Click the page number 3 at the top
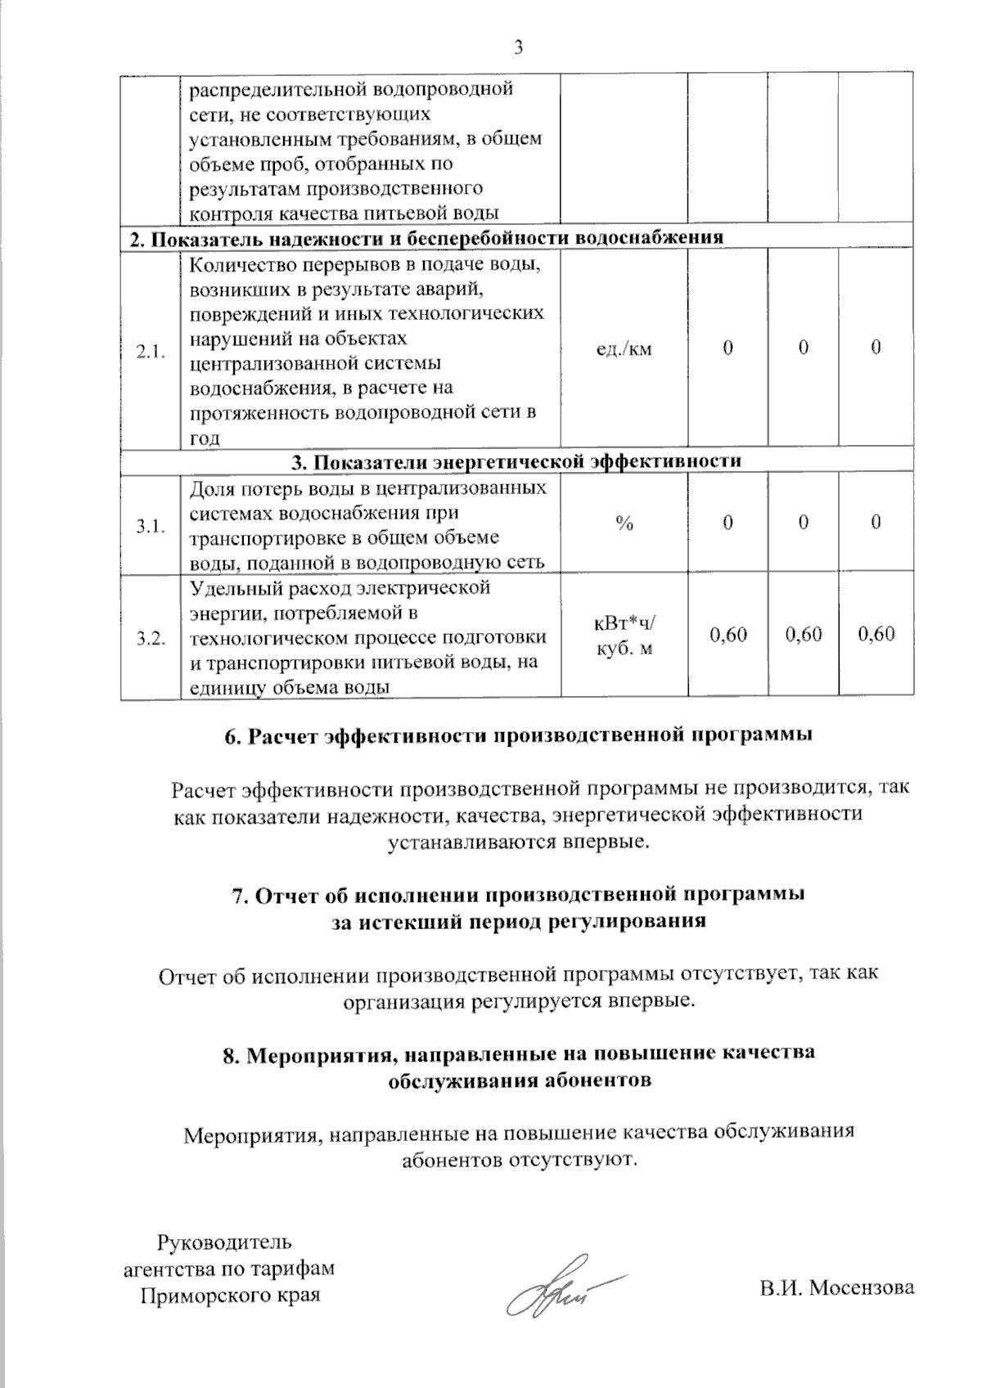pyautogui.click(x=517, y=47)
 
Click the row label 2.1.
pyautogui.click(x=151, y=353)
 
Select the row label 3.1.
pyautogui.click(x=151, y=527)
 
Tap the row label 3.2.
pyautogui.click(x=151, y=639)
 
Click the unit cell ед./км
pyautogui.click(x=624, y=349)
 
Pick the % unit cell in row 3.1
pyautogui.click(x=624, y=524)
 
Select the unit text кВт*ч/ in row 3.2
pyautogui.click(x=624, y=624)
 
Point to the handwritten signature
pyautogui.click(x=556, y=1293)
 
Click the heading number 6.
pyautogui.click(x=232, y=735)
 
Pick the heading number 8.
pyautogui.click(x=232, y=1053)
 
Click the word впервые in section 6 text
pyautogui.click(x=606, y=841)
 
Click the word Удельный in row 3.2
pyautogui.click(x=229, y=588)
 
